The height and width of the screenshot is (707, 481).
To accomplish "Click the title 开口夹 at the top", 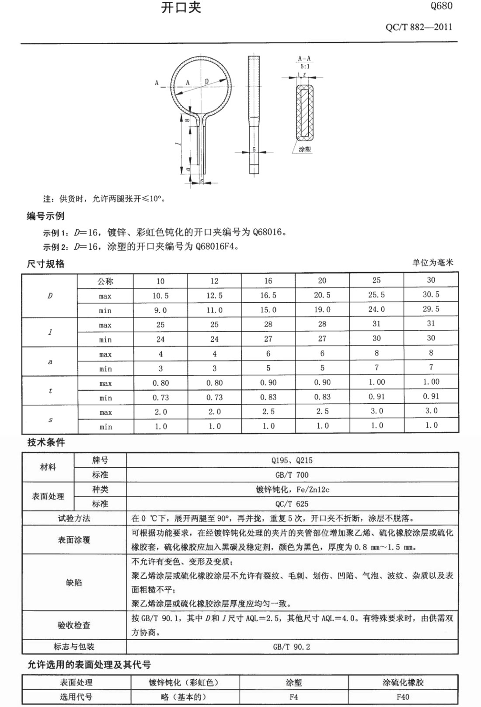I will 181,8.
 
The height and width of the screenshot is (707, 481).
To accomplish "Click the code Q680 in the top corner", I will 441,6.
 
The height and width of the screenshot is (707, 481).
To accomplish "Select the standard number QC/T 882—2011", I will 418,27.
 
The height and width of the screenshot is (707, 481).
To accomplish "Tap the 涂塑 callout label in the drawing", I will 304,150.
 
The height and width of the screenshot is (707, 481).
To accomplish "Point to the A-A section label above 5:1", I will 304,59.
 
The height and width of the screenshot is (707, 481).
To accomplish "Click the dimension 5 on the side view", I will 254,150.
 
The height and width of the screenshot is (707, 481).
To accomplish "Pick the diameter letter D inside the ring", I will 206,81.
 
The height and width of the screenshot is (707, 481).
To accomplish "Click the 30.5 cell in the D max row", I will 431,294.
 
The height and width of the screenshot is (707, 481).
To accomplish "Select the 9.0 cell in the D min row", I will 160,310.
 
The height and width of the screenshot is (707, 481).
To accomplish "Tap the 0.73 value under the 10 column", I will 160,397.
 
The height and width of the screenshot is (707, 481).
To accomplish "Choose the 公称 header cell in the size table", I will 105,281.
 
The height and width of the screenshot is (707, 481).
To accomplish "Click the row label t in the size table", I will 50,390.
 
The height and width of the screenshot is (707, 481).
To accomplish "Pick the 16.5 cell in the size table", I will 268,295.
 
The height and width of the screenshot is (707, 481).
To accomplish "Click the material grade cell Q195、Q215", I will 292,460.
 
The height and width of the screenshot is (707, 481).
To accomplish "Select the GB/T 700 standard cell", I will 292,475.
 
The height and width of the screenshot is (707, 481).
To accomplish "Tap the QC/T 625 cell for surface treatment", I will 292,504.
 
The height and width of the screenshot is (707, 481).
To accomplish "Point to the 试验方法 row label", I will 74,518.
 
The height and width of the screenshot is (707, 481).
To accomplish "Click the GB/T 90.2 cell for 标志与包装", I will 292,647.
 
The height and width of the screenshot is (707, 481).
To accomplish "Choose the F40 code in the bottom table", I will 403,696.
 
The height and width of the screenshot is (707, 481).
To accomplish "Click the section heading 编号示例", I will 45,216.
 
